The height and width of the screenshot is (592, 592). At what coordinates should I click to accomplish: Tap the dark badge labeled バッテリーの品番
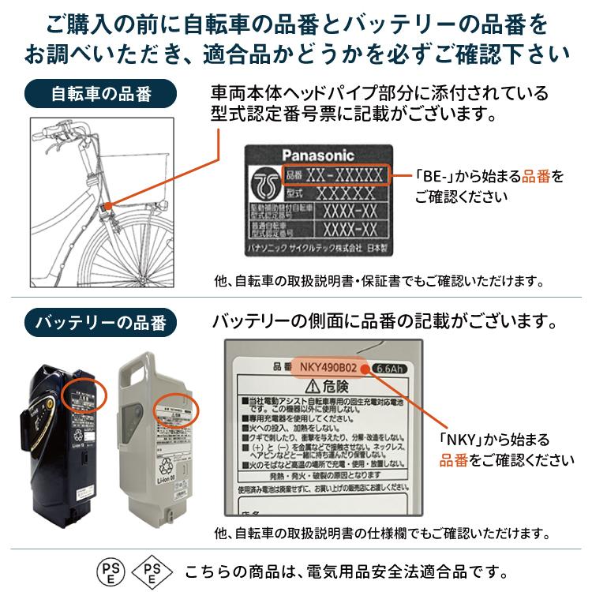101,322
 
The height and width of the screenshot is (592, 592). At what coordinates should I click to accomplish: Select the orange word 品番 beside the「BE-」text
534,177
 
